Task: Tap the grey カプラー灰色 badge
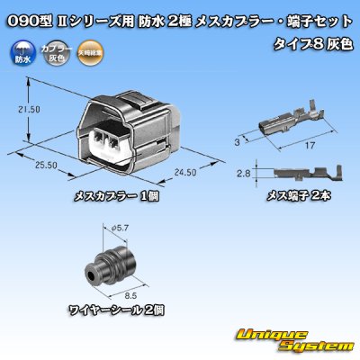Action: point(56,53)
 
